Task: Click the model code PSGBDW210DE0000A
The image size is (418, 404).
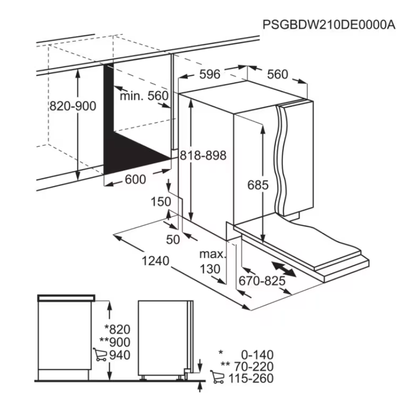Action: pyautogui.click(x=328, y=25)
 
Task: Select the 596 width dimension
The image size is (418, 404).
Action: pyautogui.click(x=210, y=74)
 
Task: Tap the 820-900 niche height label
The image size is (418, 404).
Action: pyautogui.click(x=73, y=106)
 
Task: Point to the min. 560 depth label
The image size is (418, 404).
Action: pyautogui.click(x=144, y=95)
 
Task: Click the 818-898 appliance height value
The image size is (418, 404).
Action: pyautogui.click(x=203, y=155)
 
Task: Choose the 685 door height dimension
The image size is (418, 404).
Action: pyautogui.click(x=258, y=185)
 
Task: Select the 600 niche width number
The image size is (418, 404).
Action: pyautogui.click(x=135, y=179)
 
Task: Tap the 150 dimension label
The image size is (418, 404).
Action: pyautogui.click(x=160, y=202)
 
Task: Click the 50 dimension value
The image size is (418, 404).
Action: pyautogui.click(x=173, y=239)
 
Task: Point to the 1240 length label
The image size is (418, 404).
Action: pyautogui.click(x=155, y=261)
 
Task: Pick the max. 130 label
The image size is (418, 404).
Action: pyautogui.click(x=212, y=262)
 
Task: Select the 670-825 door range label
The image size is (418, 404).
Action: pyautogui.click(x=262, y=281)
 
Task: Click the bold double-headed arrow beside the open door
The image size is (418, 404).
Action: pyautogui.click(x=283, y=269)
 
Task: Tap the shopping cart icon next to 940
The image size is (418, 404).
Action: pyautogui.click(x=99, y=354)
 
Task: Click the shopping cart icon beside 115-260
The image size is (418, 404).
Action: pyautogui.click(x=217, y=377)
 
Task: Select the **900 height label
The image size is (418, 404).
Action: pyautogui.click(x=115, y=342)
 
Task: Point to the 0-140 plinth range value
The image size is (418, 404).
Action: pyautogui.click(x=257, y=355)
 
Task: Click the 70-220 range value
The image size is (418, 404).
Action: pyautogui.click(x=254, y=367)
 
